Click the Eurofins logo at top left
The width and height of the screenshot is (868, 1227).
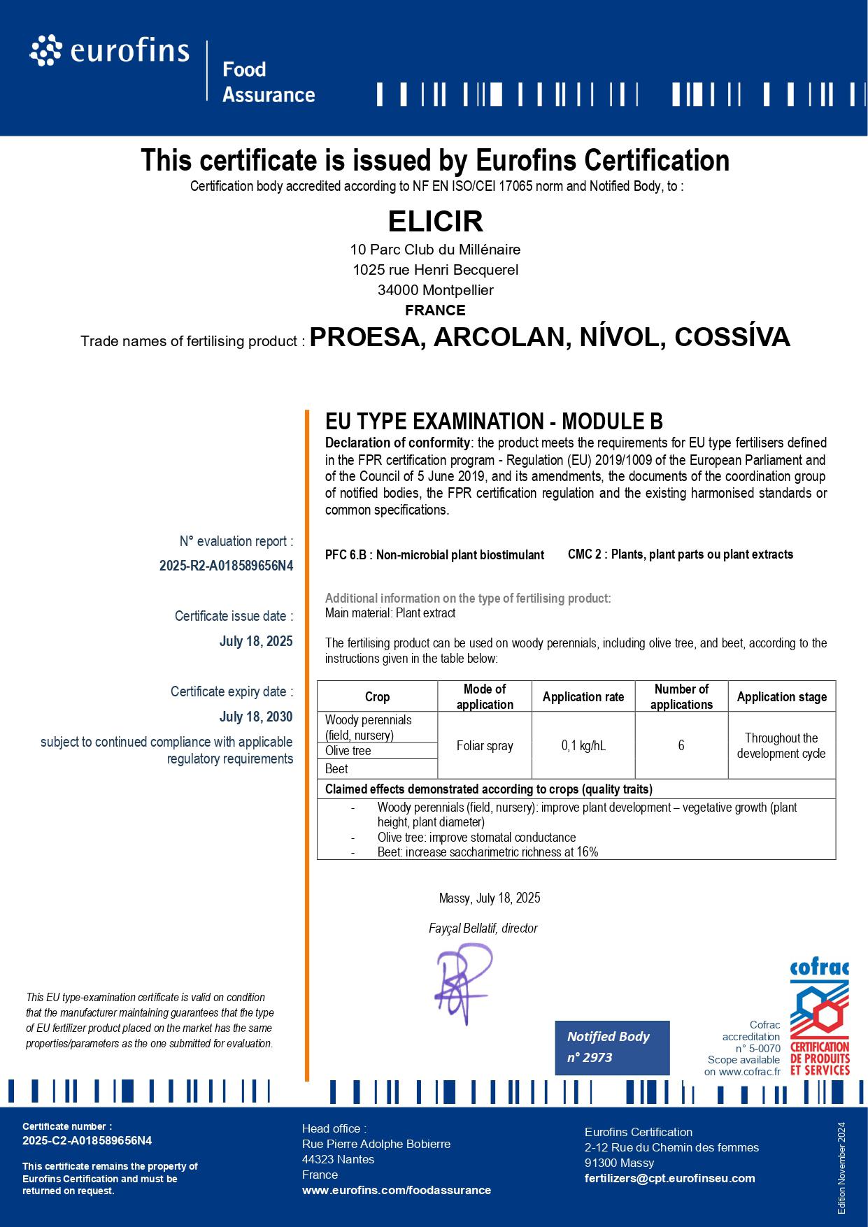coord(110,51)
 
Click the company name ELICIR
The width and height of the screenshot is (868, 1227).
coord(435,222)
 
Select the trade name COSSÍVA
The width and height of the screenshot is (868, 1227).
coord(732,337)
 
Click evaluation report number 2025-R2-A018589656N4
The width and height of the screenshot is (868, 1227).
coord(226,566)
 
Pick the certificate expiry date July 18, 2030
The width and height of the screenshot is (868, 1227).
coord(256,717)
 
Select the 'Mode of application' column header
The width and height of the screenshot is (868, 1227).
coord(485,696)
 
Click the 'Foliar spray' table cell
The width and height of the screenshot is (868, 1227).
coord(485,746)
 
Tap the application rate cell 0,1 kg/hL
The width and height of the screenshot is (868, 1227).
coord(583,746)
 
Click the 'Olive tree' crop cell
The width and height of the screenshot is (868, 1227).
coord(348,751)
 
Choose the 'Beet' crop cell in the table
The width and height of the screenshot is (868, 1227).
coord(336,768)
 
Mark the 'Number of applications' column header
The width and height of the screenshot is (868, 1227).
coord(681,696)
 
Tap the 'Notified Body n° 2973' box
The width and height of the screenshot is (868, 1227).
coord(612,1047)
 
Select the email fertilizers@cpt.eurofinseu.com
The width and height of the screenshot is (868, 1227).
coord(669,1178)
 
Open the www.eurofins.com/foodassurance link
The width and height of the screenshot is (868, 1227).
coord(397,1190)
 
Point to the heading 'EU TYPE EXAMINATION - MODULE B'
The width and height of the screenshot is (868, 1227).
coord(494,422)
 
